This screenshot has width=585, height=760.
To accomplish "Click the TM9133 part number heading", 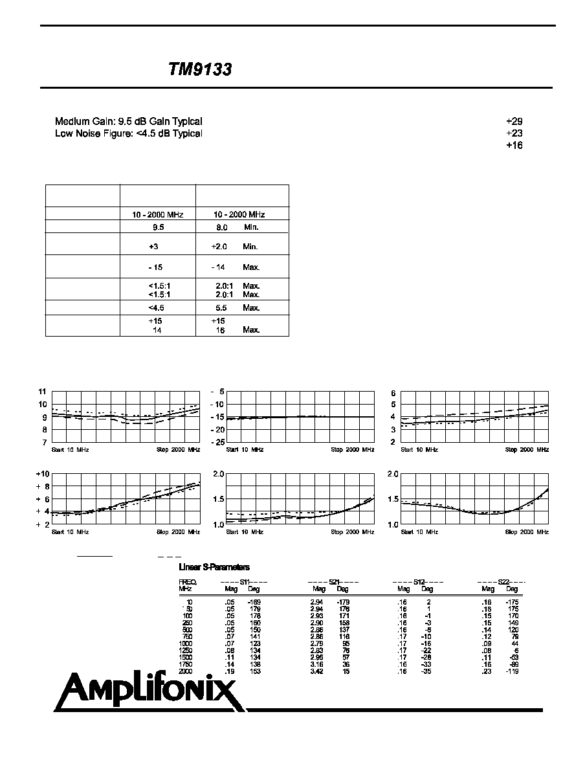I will pyautogui.click(x=199, y=70).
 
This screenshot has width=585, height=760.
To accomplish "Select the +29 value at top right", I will pyautogui.click(x=514, y=122).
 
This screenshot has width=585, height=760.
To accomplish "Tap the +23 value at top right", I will pyautogui.click(x=514, y=133).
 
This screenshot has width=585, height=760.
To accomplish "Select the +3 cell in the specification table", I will pyautogui.click(x=153, y=247).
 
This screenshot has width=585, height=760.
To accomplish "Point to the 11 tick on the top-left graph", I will pyautogui.click(x=43, y=392).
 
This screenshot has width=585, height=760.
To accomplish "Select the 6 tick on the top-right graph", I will pyautogui.click(x=392, y=392).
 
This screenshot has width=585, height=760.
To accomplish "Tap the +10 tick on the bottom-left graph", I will pyautogui.click(x=41, y=474).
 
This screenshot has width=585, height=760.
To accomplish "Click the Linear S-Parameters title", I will pyautogui.click(x=214, y=568).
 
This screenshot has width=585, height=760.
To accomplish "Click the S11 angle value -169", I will pyautogui.click(x=253, y=602).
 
